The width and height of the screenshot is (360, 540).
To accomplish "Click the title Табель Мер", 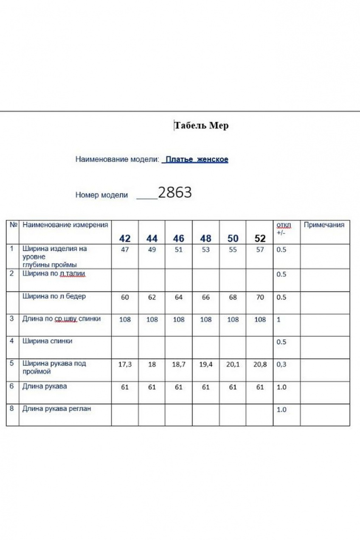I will pyautogui.click(x=201, y=126).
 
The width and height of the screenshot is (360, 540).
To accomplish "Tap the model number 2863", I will pyautogui.click(x=175, y=193).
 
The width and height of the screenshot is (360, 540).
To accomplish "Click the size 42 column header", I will pyautogui.click(x=125, y=238).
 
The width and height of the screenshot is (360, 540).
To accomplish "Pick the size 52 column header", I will pyautogui.click(x=260, y=238).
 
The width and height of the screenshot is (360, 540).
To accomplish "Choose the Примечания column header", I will pyautogui.click(x=324, y=225).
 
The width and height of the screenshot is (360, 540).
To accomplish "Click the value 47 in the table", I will pyautogui.click(x=125, y=250).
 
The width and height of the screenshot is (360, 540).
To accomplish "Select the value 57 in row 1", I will pyautogui.click(x=260, y=250).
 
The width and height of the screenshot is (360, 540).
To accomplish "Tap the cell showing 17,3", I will pyautogui.click(x=125, y=364).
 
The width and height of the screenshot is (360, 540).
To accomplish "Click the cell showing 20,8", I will pyautogui.click(x=260, y=364).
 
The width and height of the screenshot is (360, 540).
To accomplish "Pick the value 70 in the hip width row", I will pyautogui.click(x=260, y=297).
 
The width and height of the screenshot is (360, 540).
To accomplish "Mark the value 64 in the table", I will pyautogui.click(x=179, y=297).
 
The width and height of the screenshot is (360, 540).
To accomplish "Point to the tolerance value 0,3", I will pyautogui.click(x=281, y=364).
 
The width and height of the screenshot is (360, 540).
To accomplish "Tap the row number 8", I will pyautogui.click(x=12, y=409).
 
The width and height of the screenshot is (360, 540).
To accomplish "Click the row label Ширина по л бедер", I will pyautogui.click(x=54, y=296).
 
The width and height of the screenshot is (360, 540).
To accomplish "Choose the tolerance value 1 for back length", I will pyautogui.click(x=278, y=319).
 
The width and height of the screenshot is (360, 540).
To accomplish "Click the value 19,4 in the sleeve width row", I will pyautogui.click(x=206, y=364).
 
